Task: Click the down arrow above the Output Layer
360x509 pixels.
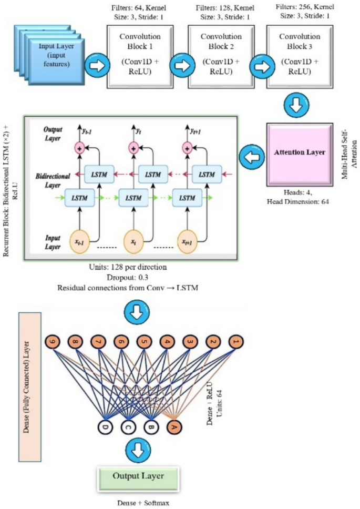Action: coord(138,449)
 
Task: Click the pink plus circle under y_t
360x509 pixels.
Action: coord(133,149)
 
